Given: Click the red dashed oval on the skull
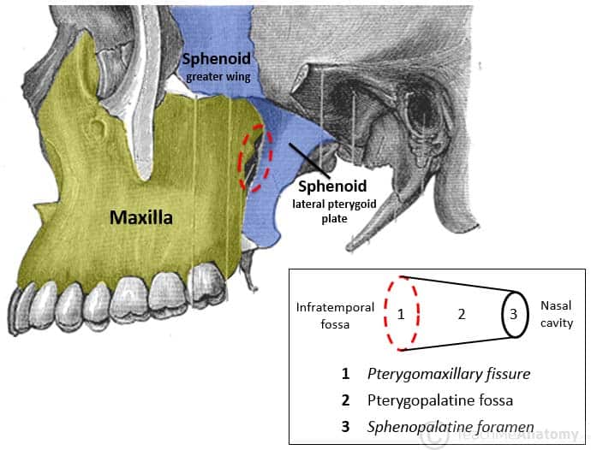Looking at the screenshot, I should click(x=255, y=159).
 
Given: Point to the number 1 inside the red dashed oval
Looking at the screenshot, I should click(x=402, y=314).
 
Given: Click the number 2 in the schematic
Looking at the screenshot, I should click(x=461, y=314).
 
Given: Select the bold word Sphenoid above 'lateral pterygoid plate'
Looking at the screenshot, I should click(x=332, y=186).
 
